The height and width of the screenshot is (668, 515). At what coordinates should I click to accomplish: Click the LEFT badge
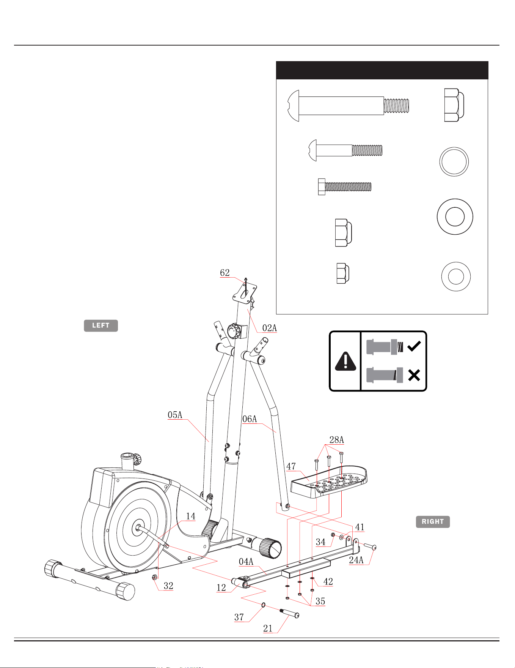101,325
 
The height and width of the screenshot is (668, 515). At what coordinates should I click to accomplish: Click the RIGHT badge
433,521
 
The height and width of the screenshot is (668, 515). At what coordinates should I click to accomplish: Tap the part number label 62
225,273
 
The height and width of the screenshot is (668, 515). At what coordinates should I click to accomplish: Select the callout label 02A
270,328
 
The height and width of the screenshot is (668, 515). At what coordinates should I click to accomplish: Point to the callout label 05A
175,415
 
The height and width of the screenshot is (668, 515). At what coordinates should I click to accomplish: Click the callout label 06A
250,419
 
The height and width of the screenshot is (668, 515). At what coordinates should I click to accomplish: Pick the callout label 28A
336,440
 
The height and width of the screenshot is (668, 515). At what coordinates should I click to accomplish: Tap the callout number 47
291,466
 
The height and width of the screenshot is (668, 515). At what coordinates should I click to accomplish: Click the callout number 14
191,516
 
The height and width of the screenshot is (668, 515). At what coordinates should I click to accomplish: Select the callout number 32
168,586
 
